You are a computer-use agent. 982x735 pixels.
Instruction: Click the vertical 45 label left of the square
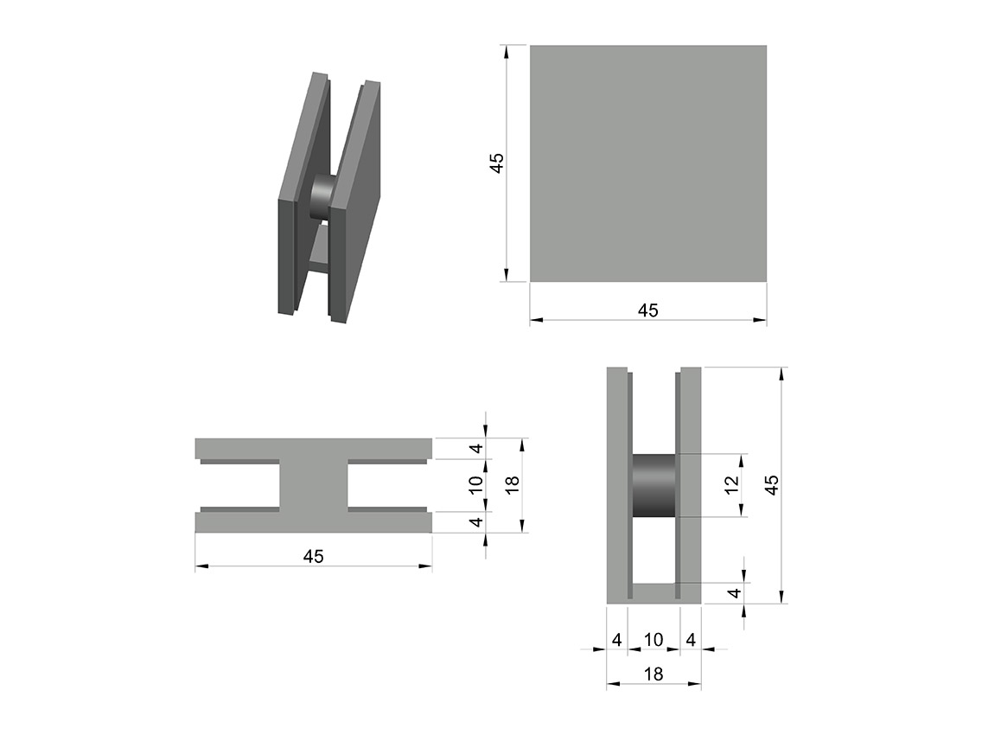496,163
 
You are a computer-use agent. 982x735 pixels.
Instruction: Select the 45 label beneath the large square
648,310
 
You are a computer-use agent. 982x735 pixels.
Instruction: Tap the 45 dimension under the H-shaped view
313,556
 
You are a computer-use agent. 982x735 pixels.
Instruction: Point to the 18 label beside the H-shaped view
513,485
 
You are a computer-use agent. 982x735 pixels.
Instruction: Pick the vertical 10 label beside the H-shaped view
476,485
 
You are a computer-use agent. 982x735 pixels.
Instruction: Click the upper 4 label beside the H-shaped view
477,449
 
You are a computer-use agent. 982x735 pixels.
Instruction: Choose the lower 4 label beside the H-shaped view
477,521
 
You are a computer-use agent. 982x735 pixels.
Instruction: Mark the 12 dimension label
731,485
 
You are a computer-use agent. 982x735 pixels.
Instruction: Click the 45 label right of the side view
772,485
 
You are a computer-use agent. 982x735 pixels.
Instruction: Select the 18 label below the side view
654,674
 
